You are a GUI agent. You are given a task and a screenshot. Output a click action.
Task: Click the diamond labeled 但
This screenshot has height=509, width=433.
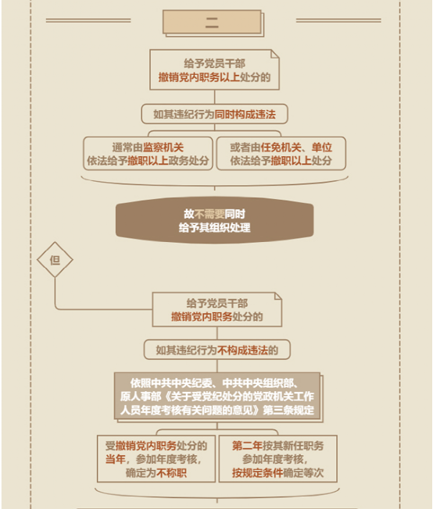click(55, 260)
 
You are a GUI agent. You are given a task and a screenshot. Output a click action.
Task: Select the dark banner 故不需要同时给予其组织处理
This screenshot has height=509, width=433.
click(215, 220)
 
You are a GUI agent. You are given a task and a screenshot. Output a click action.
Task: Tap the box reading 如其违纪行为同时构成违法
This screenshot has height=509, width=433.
click(215, 114)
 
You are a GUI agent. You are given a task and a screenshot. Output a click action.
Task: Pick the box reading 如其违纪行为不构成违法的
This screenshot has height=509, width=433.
click(216, 350)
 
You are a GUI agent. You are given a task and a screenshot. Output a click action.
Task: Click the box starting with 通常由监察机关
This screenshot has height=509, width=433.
click(148, 154)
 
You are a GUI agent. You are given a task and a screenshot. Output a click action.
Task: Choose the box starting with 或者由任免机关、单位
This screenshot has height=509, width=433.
click(281, 154)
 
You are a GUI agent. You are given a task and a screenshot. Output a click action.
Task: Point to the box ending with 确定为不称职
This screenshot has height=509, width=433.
click(156, 459)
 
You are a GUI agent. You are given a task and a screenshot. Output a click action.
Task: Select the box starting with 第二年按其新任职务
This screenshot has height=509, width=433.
click(278, 459)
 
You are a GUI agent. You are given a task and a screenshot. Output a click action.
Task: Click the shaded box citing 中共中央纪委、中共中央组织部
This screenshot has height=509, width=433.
click(218, 397)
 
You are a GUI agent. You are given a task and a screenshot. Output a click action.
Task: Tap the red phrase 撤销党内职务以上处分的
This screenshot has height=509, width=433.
click(215, 77)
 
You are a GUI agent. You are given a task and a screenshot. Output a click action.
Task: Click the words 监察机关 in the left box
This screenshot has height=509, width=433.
click(163, 148)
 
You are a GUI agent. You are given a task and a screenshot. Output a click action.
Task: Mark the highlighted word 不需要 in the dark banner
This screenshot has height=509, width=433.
click(209, 214)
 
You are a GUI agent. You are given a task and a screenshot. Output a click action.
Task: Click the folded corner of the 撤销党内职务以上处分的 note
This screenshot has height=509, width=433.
click(275, 54)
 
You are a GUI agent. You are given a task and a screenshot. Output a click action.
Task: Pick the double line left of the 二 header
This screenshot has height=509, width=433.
click(88, 20)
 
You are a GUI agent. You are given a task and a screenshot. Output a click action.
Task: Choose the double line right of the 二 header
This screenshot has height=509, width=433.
click(338, 20)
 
